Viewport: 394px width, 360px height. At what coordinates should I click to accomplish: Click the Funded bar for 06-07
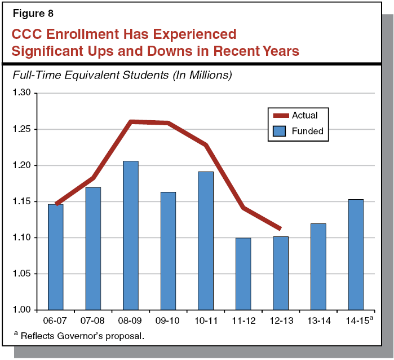tap(55, 257)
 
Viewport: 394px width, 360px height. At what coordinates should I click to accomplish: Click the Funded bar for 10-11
tap(205, 240)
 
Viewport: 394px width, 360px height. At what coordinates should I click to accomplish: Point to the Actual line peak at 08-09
tap(130, 121)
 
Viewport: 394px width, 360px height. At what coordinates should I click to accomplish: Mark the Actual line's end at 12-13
tap(280, 228)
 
